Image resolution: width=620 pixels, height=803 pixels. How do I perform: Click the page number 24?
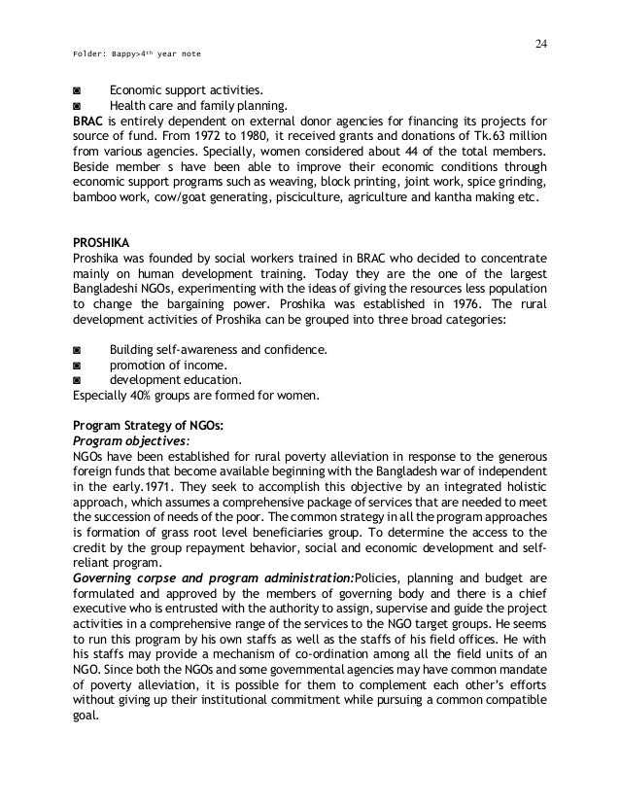(x=540, y=43)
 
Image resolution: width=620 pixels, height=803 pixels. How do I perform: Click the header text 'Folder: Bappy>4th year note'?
(x=132, y=54)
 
